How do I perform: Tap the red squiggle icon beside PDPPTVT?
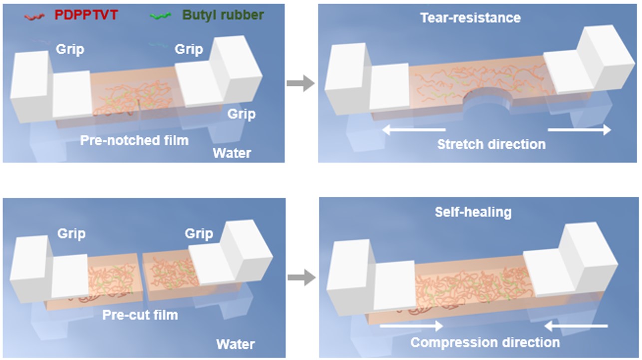[37, 16]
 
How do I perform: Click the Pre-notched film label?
[135, 140]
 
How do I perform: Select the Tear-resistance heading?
[470, 18]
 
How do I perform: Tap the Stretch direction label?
[491, 144]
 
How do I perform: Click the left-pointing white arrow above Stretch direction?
[414, 130]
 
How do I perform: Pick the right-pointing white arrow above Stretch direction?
[579, 130]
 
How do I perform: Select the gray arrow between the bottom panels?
[302, 278]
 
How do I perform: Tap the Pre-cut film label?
[140, 315]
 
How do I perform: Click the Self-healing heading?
[473, 212]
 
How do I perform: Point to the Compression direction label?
[485, 343]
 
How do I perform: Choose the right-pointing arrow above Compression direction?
[412, 326]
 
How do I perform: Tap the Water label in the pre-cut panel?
[235, 344]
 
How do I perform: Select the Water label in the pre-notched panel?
[232, 152]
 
